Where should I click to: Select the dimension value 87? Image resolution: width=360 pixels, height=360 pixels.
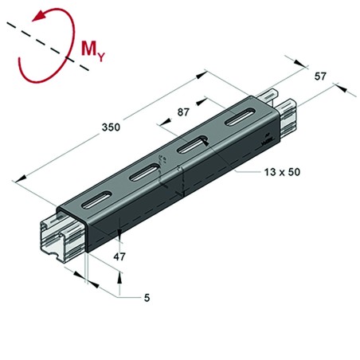tap(184, 114)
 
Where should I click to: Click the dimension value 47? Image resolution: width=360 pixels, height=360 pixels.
tap(119, 256)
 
